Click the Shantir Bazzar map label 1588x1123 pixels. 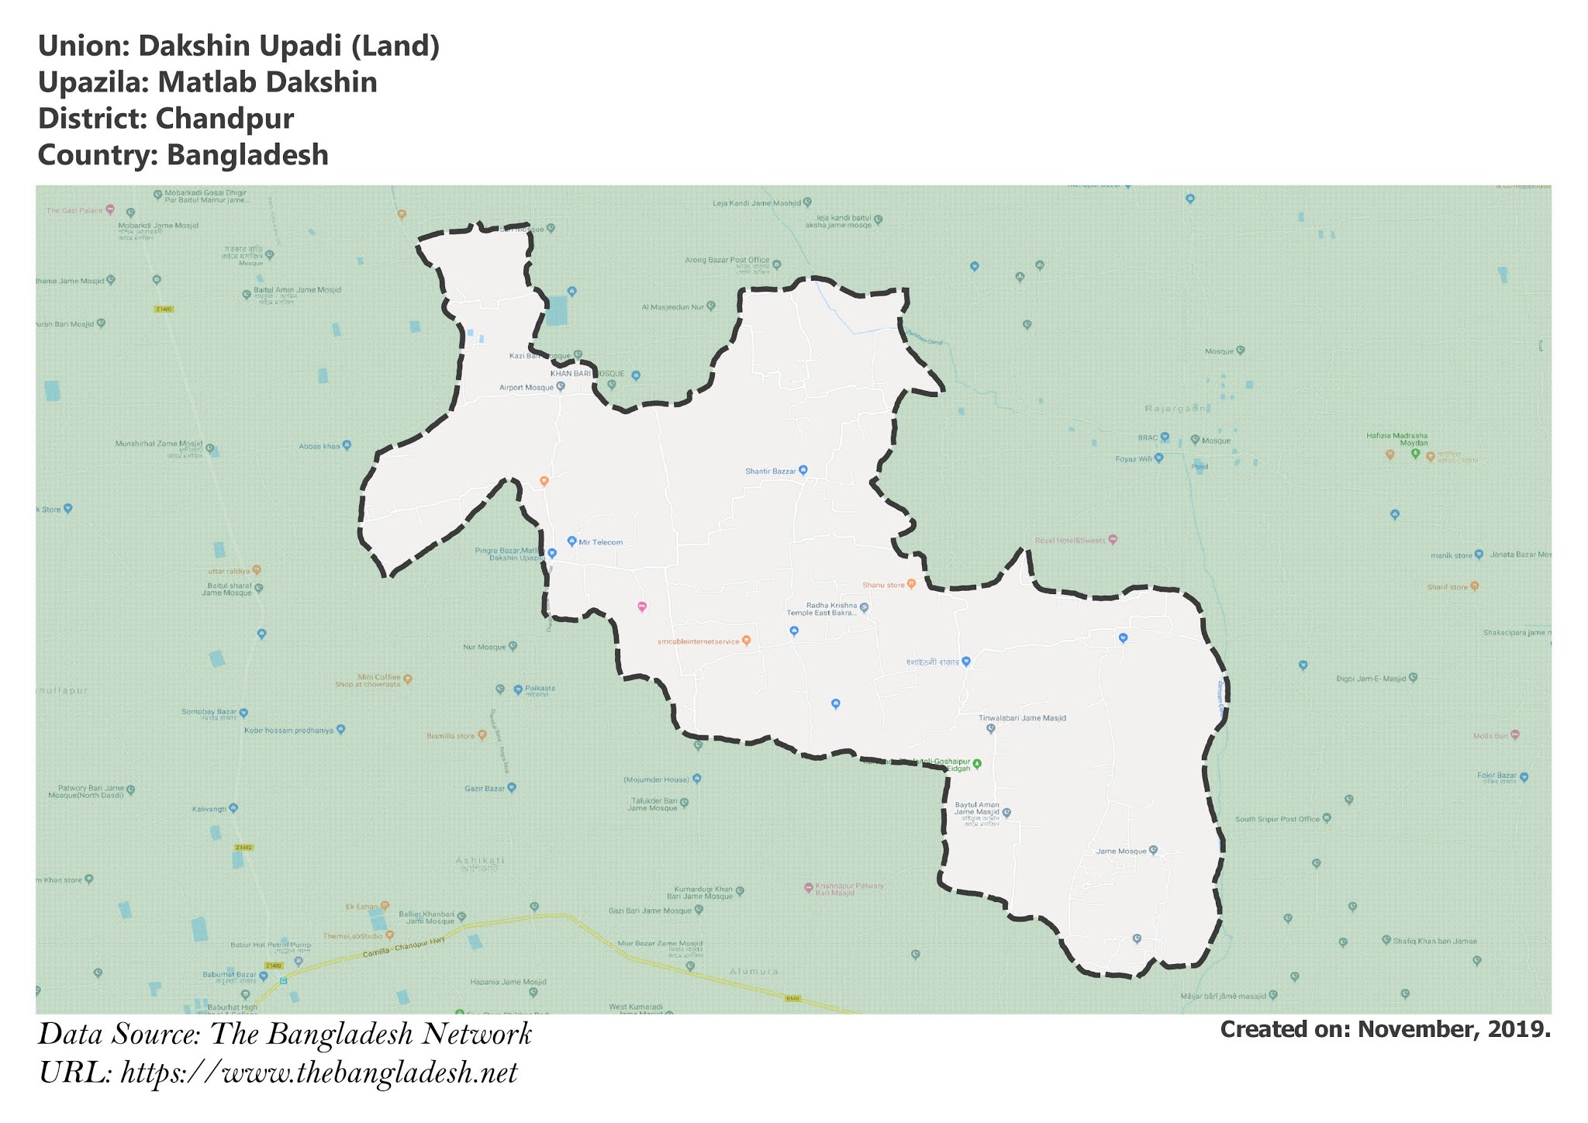pos(771,471)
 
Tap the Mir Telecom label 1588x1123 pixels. pos(600,542)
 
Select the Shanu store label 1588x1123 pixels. pos(884,585)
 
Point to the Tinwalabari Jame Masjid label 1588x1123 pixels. pos(1022,718)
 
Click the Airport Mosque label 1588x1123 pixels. pos(526,387)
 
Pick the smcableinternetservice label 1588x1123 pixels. pos(699,641)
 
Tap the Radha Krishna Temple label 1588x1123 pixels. pos(822,609)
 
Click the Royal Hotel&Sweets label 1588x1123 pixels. pos(1071,540)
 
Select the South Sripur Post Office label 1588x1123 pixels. pos(1277,819)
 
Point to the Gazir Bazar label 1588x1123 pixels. pos(485,788)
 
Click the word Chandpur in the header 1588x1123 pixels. pos(224,119)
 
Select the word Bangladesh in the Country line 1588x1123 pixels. pos(247,154)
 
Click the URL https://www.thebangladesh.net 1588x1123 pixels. pos(319,1073)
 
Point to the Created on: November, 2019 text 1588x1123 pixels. pos(1385,1029)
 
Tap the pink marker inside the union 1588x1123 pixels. pos(642,606)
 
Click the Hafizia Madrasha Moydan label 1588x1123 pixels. pos(1396,439)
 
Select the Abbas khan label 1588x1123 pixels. pos(319,446)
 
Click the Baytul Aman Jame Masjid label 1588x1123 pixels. pos(977,809)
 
